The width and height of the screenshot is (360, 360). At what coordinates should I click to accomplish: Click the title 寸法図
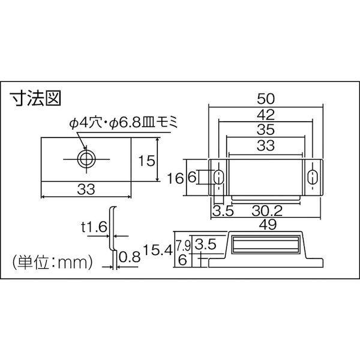[x=35, y=98]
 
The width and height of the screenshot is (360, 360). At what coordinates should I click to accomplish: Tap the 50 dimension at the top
[x=266, y=99]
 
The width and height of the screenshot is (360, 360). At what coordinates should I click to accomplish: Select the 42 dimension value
[x=266, y=115]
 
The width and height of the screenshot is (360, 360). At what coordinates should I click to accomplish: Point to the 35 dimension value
[x=266, y=130]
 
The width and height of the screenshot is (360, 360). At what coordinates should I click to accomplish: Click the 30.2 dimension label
[x=267, y=211]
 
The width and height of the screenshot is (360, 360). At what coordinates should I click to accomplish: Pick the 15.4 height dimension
[x=158, y=250]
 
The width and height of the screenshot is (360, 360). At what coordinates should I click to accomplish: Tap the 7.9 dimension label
[x=183, y=245]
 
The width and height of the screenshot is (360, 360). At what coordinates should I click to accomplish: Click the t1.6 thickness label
[x=94, y=227]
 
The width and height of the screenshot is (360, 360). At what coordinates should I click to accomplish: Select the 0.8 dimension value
[x=130, y=257]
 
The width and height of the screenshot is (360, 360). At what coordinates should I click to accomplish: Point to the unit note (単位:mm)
[x=52, y=262]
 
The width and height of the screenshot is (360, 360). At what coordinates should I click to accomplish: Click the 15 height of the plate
[x=147, y=160]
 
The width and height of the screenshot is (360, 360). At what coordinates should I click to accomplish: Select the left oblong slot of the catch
[x=218, y=177]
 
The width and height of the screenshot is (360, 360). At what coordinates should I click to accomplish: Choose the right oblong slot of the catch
[x=311, y=177]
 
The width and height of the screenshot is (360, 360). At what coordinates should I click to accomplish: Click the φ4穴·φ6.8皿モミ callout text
[x=124, y=124]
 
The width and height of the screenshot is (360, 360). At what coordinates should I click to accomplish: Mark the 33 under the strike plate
[x=86, y=190]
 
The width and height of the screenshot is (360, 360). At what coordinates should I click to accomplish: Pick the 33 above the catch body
[x=266, y=145]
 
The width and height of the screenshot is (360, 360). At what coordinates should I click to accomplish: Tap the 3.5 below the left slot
[x=223, y=211]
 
